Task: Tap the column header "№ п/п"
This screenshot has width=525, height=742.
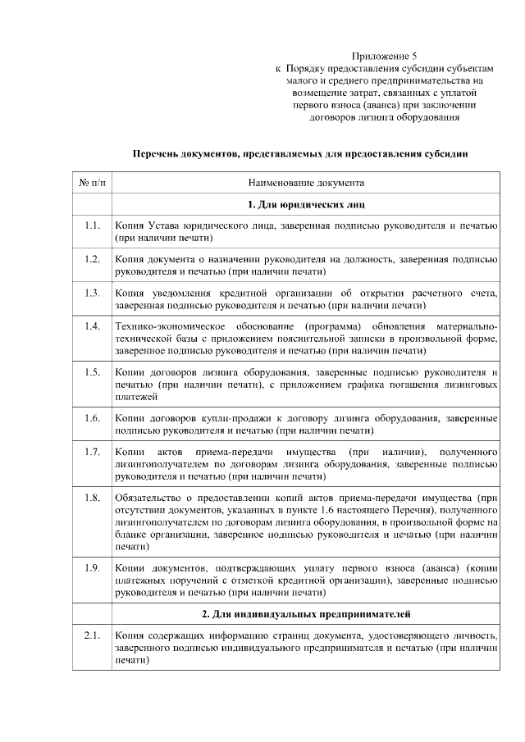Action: coord(91,183)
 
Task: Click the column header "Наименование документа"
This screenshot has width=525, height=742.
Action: coord(304,183)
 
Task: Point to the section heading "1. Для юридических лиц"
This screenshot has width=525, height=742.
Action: coord(304,203)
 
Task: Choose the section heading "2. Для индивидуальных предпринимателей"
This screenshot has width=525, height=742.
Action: coord(304,614)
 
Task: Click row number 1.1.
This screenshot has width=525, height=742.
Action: coord(91,225)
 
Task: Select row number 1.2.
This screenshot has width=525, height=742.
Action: coord(91,259)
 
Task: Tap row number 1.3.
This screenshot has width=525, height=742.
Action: coord(91,293)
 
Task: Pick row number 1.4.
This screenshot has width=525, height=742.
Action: coord(91,327)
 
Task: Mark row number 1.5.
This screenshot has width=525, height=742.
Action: coord(91,372)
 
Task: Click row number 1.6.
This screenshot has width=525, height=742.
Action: coord(91,417)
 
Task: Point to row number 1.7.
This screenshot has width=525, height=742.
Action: coord(91,452)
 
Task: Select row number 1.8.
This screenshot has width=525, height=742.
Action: coord(91,497)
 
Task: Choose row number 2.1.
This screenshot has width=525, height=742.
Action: coord(91,635)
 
